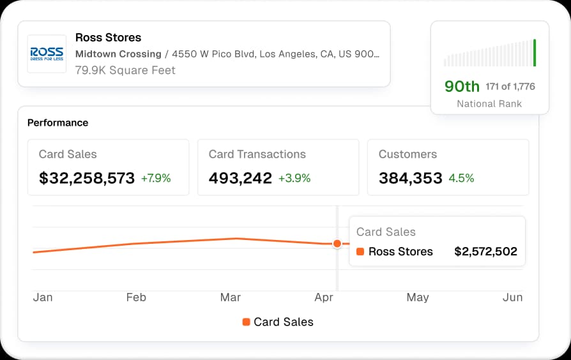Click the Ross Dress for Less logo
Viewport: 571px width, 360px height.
pos(47,54)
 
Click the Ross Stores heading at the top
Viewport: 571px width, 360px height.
pos(108,38)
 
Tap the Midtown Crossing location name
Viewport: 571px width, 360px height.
pos(118,54)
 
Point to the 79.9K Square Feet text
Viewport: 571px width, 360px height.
pos(125,70)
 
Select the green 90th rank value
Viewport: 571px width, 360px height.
pos(462,86)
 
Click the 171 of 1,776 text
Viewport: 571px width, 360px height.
pos(510,86)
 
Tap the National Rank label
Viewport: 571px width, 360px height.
pos(489,103)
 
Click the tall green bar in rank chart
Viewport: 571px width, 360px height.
pos(535,52)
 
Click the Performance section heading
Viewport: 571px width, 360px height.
pos(57,123)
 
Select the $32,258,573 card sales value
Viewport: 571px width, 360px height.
pos(87,178)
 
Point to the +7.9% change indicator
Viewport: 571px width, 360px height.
pos(156,178)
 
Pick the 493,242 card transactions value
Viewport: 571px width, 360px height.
pos(240,178)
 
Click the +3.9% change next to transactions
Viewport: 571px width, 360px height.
pos(294,178)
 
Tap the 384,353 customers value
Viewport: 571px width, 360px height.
pos(411,178)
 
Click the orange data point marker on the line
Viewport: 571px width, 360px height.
pos(337,243)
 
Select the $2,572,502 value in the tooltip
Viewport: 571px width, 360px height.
pos(485,251)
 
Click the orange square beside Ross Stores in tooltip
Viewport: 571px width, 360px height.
pos(360,251)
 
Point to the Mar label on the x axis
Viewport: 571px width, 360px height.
pos(231,297)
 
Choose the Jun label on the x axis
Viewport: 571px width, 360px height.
pos(512,297)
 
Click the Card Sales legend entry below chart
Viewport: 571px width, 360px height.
pos(278,322)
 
